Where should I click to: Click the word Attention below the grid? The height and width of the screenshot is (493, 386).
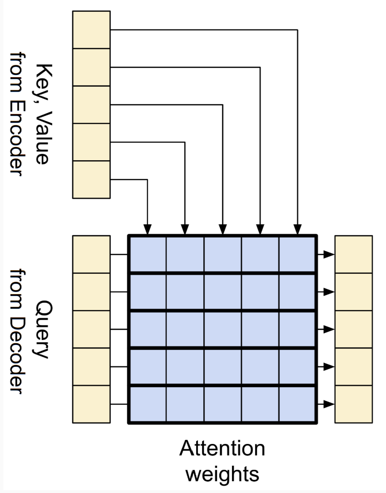tap(222, 449)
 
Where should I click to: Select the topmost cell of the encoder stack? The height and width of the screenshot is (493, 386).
tap(91, 30)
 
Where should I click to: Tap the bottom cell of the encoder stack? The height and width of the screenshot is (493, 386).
tap(91, 179)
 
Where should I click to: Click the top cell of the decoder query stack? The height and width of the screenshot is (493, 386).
tap(91, 254)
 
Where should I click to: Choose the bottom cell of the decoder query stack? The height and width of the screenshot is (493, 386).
tap(91, 404)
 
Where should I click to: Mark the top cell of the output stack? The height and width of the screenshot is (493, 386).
tap(353, 254)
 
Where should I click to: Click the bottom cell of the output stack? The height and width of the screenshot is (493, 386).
tap(353, 404)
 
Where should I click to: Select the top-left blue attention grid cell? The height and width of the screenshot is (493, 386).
tap(148, 254)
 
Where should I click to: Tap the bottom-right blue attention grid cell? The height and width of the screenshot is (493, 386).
tap(297, 404)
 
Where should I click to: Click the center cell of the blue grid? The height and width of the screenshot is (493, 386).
tap(223, 329)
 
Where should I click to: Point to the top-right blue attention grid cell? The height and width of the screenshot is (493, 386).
tap(297, 254)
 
